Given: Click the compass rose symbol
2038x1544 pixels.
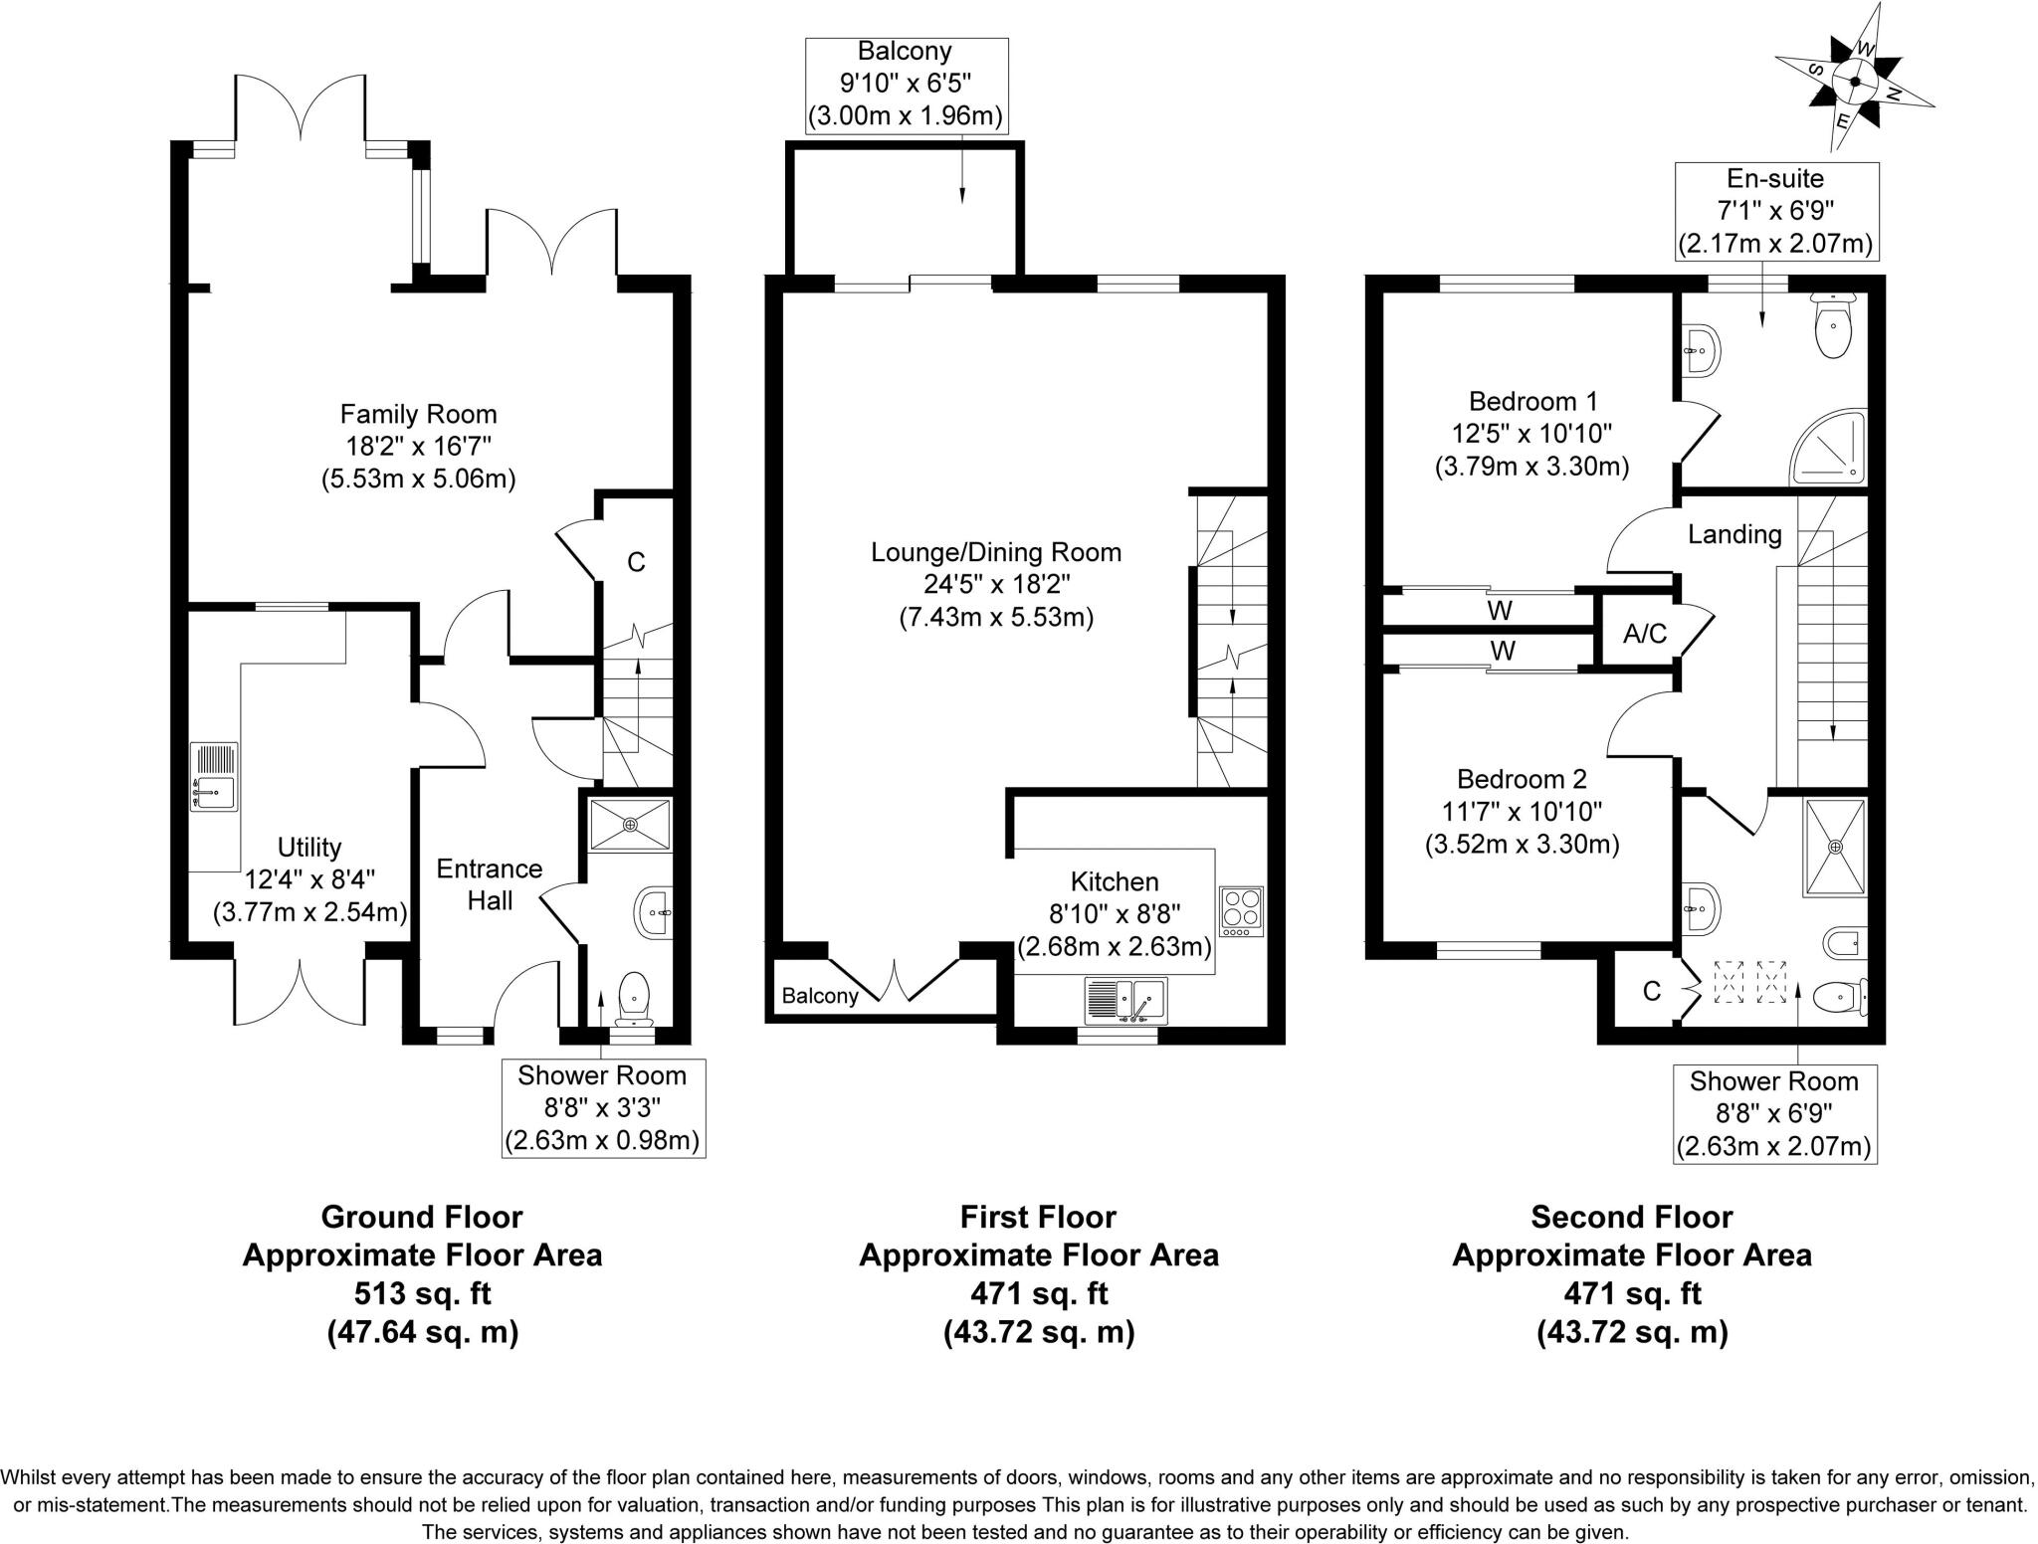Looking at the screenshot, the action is pyautogui.click(x=1855, y=81).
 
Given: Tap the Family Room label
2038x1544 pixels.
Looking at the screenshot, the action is pyautogui.click(x=418, y=414).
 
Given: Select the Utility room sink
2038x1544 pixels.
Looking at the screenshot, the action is pyautogui.click(x=214, y=776).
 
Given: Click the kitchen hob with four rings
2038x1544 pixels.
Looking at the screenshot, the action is pyautogui.click(x=1241, y=911).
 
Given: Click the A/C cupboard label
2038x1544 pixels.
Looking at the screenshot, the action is pyautogui.click(x=1645, y=633).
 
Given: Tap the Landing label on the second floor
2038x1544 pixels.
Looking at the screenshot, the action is pyautogui.click(x=1734, y=534).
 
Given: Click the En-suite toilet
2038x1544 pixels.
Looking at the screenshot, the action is pyautogui.click(x=1832, y=326).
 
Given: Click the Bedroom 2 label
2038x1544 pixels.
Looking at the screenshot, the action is pyautogui.click(x=1522, y=779).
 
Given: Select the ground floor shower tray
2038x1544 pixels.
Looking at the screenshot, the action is pyautogui.click(x=630, y=825).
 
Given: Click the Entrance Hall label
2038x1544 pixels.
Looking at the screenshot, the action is pyautogui.click(x=490, y=884).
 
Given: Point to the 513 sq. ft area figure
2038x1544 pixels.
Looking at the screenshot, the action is pyautogui.click(x=423, y=1293).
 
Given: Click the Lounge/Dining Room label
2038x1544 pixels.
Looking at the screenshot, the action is pyautogui.click(x=996, y=552).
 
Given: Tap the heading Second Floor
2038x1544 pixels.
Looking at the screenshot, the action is pyautogui.click(x=1632, y=1217).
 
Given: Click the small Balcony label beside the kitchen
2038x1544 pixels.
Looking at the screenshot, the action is pyautogui.click(x=820, y=996).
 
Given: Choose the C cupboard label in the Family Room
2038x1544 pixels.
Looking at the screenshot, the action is pyautogui.click(x=636, y=562).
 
